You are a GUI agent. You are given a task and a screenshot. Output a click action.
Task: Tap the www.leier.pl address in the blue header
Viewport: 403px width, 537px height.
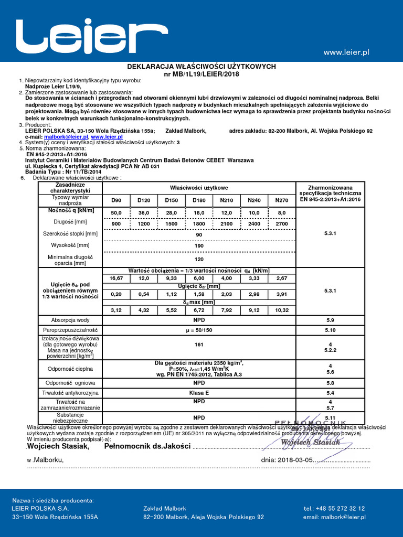click(x=346, y=52)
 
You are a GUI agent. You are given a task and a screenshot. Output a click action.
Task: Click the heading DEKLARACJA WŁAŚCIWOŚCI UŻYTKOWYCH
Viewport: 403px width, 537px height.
click(x=201, y=67)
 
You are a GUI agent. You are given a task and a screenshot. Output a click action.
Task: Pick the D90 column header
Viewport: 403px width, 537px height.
click(x=116, y=200)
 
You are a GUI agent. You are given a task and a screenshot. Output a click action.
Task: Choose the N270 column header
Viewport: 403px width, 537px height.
click(x=282, y=200)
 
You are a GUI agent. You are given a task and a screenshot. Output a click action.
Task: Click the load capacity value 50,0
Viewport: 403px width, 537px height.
click(x=116, y=212)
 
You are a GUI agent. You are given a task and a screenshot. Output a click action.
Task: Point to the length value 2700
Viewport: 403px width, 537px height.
click(x=282, y=223)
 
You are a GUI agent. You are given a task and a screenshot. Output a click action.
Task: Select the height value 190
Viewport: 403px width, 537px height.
click(x=199, y=245)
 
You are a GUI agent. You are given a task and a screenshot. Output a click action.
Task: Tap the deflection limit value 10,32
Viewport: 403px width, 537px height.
click(x=282, y=310)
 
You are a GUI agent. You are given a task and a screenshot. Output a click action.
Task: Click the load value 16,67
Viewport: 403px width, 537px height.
click(x=116, y=278)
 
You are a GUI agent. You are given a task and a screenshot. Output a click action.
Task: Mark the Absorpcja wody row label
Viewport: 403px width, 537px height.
click(x=70, y=320)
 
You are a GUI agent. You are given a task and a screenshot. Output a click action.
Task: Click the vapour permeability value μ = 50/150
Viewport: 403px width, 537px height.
click(x=199, y=330)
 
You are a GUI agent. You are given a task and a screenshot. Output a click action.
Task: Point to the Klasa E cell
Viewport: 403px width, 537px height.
click(x=199, y=392)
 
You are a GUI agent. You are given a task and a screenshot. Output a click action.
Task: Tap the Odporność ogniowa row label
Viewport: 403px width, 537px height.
click(x=70, y=383)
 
